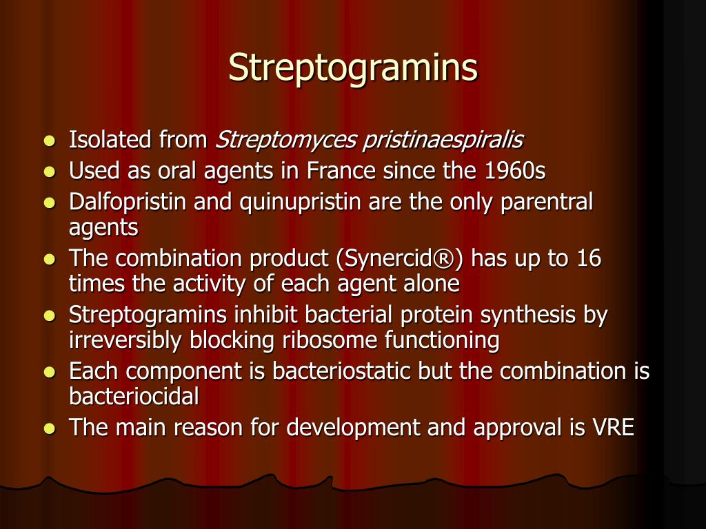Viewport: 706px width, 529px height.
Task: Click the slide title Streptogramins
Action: coord(353,68)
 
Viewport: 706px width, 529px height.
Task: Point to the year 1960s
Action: coord(514,171)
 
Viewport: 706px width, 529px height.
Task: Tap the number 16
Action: coord(589,259)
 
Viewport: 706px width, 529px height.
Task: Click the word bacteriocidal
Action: coord(134,396)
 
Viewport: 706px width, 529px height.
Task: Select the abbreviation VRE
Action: coord(613,428)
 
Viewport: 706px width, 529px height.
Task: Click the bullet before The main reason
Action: coord(49,428)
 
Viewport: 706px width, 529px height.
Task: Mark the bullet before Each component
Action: coord(49,372)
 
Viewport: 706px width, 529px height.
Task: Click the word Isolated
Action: coord(110,141)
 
